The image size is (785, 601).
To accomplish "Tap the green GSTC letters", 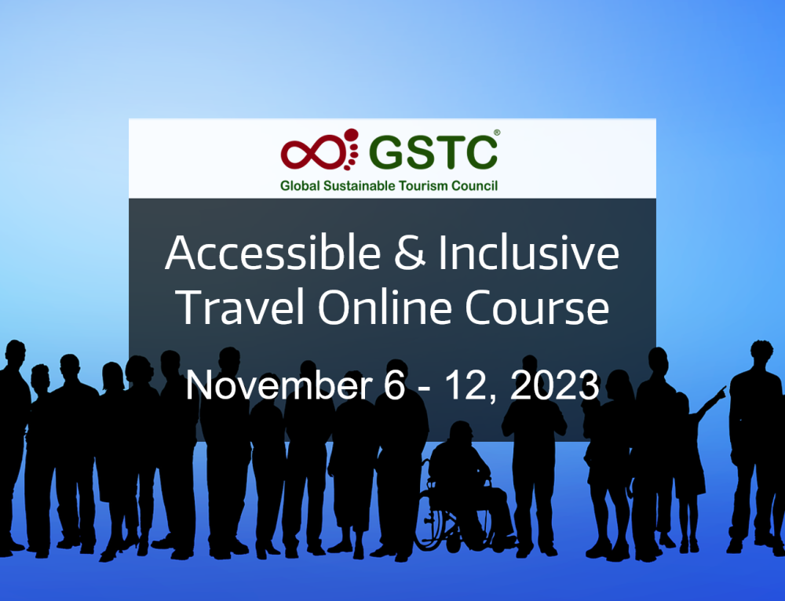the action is (433, 152).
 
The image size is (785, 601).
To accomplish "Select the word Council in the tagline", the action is (475, 186).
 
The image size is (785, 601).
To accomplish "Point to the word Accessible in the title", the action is (273, 253).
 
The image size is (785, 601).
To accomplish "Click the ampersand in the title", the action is (410, 253).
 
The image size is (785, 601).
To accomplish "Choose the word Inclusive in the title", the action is (528, 253).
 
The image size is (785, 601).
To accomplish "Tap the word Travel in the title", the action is (239, 307).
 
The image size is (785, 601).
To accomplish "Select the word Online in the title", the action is (385, 307).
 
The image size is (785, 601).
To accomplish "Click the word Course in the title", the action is (537, 307).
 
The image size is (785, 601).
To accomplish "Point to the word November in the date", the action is (279, 385).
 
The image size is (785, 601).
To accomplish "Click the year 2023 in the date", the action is (554, 385).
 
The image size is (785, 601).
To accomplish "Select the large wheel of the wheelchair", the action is (437, 520).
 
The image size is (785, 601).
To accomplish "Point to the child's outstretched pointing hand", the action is (720, 393).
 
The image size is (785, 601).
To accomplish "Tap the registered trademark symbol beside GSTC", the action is (497, 133).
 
